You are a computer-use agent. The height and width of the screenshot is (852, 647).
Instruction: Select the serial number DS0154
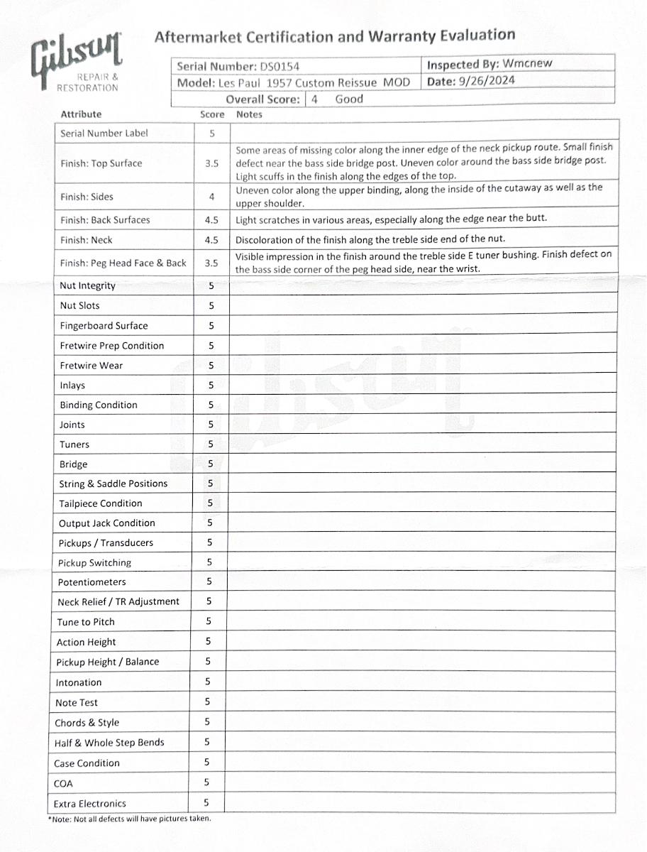[x=280, y=67]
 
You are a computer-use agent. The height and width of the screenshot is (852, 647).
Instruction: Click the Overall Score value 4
[x=314, y=99]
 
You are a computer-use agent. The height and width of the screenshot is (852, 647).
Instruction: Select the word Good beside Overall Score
[x=349, y=99]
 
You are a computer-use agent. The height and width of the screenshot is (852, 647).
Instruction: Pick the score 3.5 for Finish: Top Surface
[x=211, y=163]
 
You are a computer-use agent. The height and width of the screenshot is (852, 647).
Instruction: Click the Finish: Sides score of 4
[x=211, y=197]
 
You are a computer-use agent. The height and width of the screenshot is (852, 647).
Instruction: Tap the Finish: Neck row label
[x=86, y=240]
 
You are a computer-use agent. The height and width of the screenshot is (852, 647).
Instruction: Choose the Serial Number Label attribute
[x=104, y=133]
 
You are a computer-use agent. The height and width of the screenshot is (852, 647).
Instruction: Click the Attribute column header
[x=81, y=114]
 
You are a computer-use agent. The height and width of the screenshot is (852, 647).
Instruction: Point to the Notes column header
[x=249, y=114]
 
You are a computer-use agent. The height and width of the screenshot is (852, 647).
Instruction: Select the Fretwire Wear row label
[x=91, y=366]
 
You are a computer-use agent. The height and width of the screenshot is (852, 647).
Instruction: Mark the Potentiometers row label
[x=92, y=582]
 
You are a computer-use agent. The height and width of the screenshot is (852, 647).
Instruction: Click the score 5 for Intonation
[x=207, y=682]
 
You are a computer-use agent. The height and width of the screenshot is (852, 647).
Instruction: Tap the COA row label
[x=63, y=784]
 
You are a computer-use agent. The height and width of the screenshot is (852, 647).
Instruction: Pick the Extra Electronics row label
[x=89, y=804]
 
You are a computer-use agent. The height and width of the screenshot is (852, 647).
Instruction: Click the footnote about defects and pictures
[x=130, y=818]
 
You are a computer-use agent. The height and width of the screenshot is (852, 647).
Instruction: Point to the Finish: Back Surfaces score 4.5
[x=211, y=220]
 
